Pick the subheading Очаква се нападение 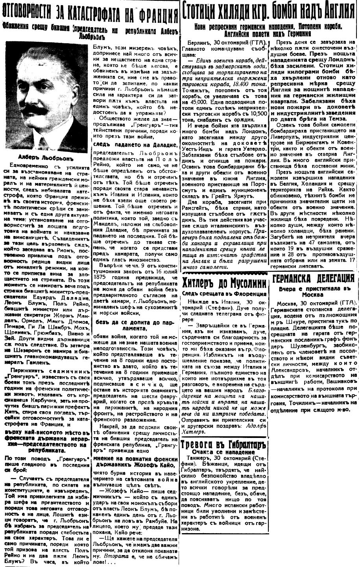coord(223,453)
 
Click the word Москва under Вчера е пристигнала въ coord(314,294)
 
